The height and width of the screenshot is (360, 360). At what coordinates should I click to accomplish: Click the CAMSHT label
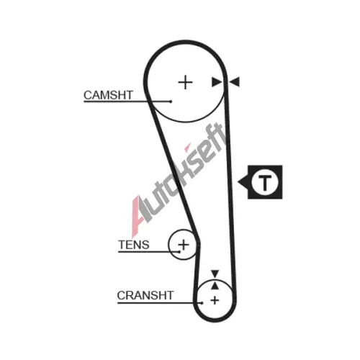pyautogui.click(x=108, y=95)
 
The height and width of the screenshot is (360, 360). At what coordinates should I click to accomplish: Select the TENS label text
pyautogui.click(x=134, y=245)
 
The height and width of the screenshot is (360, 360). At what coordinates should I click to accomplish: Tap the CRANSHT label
pyautogui.click(x=145, y=295)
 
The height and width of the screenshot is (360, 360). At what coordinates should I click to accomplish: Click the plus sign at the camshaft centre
pyautogui.click(x=185, y=82)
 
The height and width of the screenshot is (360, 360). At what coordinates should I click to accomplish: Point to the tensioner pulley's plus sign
pyautogui.click(x=184, y=245)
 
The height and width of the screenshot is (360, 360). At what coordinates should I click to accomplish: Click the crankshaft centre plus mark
pyautogui.click(x=215, y=300)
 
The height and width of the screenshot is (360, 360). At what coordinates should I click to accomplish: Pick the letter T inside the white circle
pyautogui.click(x=265, y=182)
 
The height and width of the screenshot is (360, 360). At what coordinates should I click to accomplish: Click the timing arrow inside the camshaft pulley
pyautogui.click(x=217, y=82)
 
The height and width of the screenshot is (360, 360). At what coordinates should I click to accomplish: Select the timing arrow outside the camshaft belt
pyautogui.click(x=234, y=82)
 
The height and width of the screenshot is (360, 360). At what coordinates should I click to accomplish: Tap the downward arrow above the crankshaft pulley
pyautogui.click(x=215, y=274)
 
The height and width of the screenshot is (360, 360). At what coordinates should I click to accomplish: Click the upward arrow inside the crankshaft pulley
pyautogui.click(x=215, y=286)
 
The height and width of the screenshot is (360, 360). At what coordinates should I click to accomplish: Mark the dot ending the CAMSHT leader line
pyautogui.click(x=171, y=102)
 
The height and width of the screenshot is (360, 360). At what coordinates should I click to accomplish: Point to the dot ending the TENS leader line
pyautogui.click(x=179, y=252)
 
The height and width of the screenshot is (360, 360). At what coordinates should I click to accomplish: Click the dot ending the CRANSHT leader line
pyautogui.click(x=202, y=303)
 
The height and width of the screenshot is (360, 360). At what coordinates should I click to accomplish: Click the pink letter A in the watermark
pyautogui.click(x=136, y=216)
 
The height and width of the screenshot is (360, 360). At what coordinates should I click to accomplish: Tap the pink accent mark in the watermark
pyautogui.click(x=188, y=148)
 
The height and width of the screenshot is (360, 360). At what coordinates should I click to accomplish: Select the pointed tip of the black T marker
pyautogui.click(x=238, y=182)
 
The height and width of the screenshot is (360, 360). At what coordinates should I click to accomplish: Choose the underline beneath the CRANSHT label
pyautogui.click(x=160, y=303)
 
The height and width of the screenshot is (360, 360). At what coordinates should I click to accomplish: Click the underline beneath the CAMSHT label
pyautogui.click(x=127, y=102)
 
